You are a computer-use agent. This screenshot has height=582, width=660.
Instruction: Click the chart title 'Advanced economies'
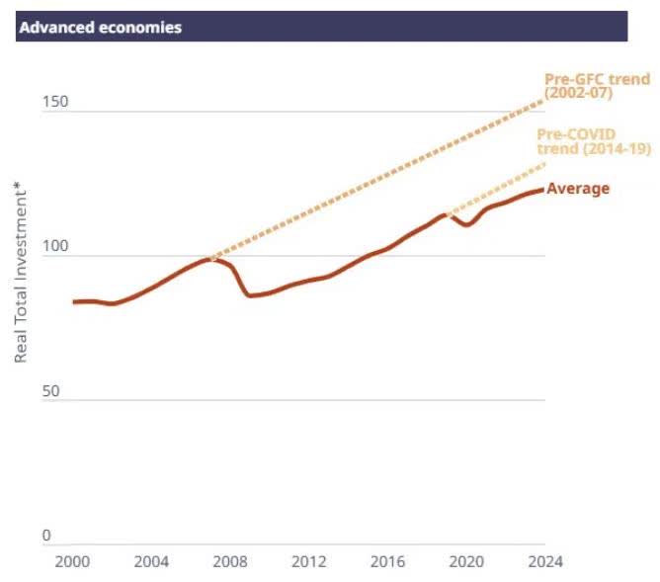pos(100,28)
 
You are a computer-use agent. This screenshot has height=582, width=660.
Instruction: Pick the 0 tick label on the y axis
pos(45,537)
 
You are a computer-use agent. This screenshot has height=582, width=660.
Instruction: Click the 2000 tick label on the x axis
pos(72,562)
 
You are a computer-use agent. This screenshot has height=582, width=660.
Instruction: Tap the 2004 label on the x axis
pos(151,562)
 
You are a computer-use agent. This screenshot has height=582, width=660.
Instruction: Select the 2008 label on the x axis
pos(230,562)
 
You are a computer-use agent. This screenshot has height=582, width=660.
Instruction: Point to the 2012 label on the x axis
pos(308,562)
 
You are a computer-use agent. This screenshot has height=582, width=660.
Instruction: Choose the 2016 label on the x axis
pos(387,562)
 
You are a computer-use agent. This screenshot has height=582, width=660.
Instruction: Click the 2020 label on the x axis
pos(466,562)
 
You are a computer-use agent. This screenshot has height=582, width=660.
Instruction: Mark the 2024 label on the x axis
pos(544,562)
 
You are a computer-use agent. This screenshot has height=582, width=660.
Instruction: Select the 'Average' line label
pos(578,189)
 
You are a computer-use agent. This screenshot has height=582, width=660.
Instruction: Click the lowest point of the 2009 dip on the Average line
pos(249,294)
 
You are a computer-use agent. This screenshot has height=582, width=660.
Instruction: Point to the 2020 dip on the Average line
pos(466,225)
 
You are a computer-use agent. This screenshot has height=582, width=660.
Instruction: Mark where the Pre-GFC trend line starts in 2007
pos(209,259)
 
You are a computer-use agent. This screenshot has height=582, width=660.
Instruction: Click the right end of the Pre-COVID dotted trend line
pos(544,164)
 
